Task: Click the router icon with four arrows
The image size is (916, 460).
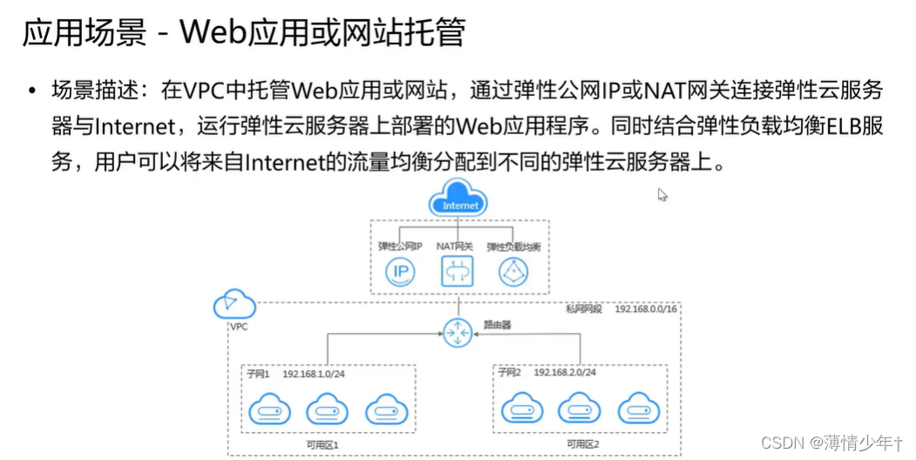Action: click(457, 332)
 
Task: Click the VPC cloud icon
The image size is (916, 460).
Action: click(234, 304)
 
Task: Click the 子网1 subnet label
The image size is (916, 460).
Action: click(259, 373)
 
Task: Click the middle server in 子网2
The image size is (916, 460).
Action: click(579, 408)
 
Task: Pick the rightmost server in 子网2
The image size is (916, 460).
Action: click(638, 408)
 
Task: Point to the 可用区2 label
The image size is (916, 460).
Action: click(583, 444)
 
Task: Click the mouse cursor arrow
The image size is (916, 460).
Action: click(662, 194)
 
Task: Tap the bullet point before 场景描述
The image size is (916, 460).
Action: click(32, 90)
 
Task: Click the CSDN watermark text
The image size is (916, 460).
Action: click(782, 443)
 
